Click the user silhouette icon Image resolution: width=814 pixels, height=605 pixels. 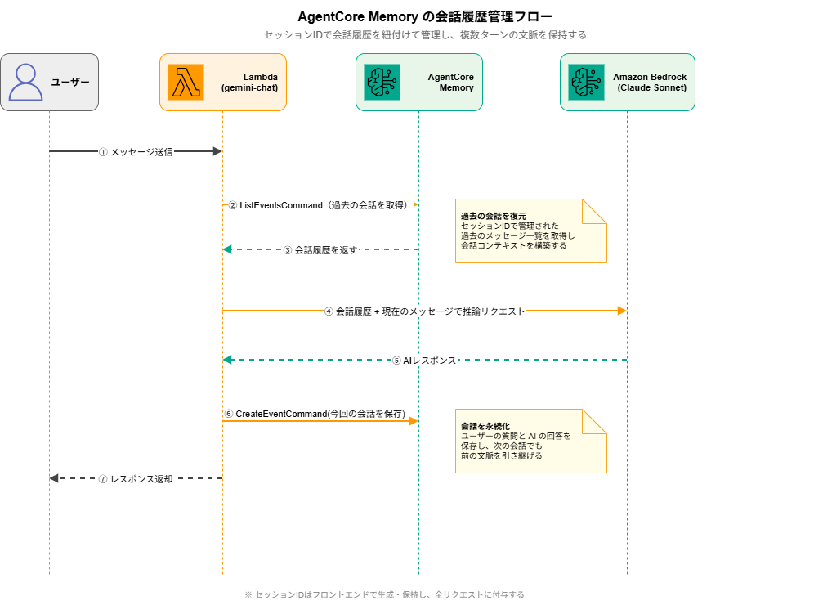[x=26, y=82]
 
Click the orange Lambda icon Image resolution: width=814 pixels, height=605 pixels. [x=186, y=82]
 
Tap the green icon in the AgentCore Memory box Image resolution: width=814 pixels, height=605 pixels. [x=382, y=82]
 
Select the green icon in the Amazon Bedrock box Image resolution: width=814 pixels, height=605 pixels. [x=586, y=82]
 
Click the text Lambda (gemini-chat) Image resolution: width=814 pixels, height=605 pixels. [x=250, y=82]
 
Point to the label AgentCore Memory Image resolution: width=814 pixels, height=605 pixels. [x=450, y=82]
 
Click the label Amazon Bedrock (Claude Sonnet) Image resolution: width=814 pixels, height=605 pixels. [x=650, y=82]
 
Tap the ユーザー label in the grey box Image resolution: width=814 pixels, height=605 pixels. [x=70, y=82]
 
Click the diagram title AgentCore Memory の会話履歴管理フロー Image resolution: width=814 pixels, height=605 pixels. [x=425, y=16]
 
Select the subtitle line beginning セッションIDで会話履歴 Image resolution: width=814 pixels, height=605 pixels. [x=425, y=35]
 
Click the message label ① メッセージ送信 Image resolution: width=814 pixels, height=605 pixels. [x=136, y=151]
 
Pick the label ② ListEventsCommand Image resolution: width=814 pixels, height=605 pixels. [x=318, y=205]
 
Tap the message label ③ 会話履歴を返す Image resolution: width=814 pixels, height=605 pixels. [x=320, y=250]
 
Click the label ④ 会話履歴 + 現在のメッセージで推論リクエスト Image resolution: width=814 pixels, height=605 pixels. [x=425, y=311]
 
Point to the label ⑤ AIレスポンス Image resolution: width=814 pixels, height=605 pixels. [x=424, y=360]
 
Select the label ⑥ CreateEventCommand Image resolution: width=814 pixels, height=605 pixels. [x=315, y=414]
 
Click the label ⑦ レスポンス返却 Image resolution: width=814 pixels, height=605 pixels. [x=136, y=479]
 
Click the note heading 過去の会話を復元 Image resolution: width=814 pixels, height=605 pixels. [x=493, y=216]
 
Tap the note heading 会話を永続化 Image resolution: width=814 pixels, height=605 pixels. [x=485, y=426]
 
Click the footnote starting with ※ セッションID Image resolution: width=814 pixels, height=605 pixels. [x=384, y=594]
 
